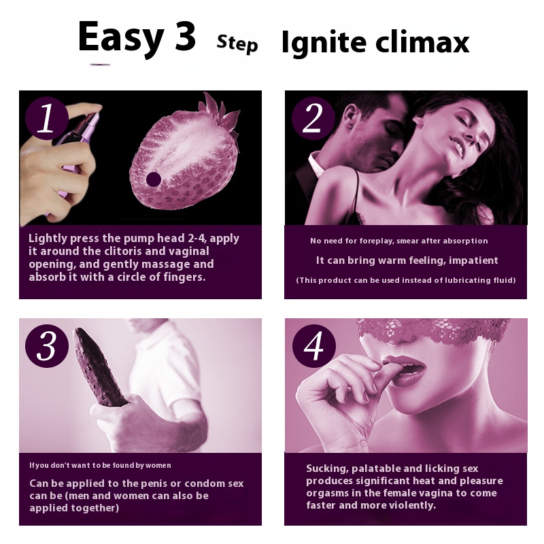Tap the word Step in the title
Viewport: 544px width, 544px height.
tap(237, 44)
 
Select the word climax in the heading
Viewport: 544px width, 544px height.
tap(422, 42)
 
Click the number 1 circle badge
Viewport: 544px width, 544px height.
tap(47, 118)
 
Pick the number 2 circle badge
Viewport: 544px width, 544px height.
tap(313, 118)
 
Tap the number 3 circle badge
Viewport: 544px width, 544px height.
tap(47, 346)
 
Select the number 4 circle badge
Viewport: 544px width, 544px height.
tap(314, 346)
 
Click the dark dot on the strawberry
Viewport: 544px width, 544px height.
tap(154, 180)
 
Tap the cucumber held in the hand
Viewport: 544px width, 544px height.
tap(99, 368)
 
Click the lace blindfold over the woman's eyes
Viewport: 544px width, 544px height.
tap(434, 332)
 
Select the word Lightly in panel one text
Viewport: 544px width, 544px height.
tap(48, 239)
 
